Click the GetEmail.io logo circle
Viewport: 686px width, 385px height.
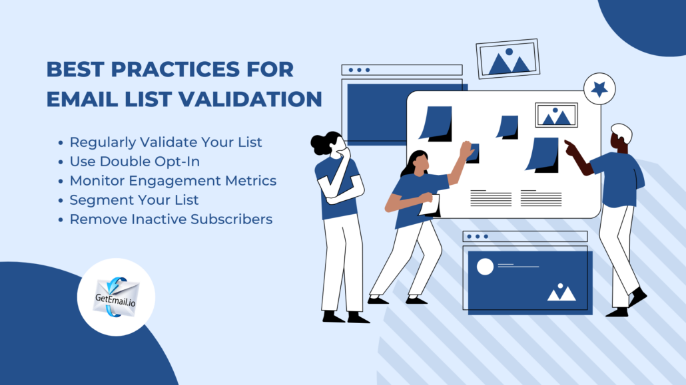point(116,297)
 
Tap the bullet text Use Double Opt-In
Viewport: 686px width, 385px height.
point(135,162)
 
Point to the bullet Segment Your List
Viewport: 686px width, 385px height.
point(134,199)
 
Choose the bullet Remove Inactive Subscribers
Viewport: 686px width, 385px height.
point(171,219)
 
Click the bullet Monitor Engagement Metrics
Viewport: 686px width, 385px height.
point(172,180)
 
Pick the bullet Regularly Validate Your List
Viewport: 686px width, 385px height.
point(166,142)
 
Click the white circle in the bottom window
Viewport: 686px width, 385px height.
point(485,267)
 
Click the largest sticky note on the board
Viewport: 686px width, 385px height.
point(543,155)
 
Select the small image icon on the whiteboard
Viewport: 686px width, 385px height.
point(556,116)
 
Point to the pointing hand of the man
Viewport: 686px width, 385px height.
point(570,146)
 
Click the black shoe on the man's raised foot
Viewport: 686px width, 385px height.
point(637,297)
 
